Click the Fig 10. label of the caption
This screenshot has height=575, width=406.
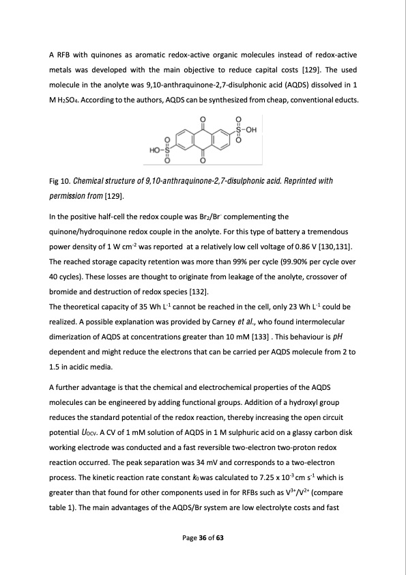pos(59,180)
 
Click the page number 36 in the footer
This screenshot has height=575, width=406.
pos(203,538)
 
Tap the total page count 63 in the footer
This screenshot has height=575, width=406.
pos(220,538)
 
